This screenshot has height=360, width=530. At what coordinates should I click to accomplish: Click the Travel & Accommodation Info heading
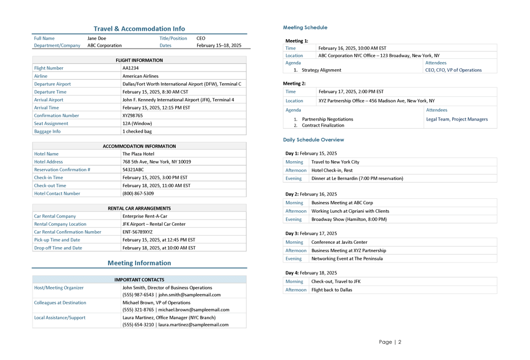(x=139, y=29)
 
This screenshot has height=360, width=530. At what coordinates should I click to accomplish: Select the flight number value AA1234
(x=131, y=68)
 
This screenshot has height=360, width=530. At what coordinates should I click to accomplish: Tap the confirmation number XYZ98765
(x=132, y=116)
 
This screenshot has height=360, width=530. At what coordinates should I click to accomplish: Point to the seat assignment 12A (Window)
(x=137, y=123)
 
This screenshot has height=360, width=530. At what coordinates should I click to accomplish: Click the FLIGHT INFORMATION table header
(x=139, y=60)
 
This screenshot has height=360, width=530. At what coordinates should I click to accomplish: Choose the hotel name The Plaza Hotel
(x=138, y=154)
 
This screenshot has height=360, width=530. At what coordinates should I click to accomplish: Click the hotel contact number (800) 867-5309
(x=138, y=194)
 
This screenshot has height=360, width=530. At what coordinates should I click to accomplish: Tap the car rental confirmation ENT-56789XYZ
(x=137, y=232)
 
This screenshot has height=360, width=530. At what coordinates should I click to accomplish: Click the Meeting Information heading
(x=139, y=263)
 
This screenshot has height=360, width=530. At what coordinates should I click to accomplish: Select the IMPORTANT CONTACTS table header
(x=139, y=280)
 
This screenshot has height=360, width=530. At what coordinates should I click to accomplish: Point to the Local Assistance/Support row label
(x=60, y=318)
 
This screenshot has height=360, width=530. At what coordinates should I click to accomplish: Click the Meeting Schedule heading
(x=305, y=28)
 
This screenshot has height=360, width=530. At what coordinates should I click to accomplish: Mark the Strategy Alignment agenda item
(x=321, y=70)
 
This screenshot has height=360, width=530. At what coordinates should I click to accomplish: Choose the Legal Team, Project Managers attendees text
(x=457, y=119)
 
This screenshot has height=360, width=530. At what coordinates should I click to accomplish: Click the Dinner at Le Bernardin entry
(x=357, y=178)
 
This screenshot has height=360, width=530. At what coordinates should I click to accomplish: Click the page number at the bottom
(x=390, y=342)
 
